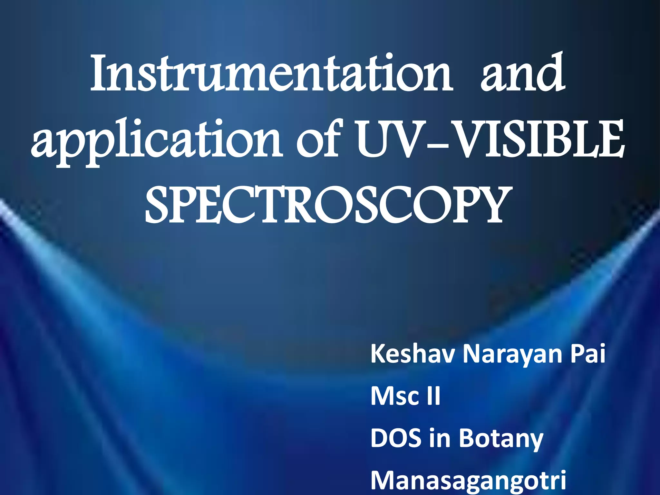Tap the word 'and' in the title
[522, 73]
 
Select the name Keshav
[413, 354]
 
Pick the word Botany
[501, 440]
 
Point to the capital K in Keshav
[378, 354]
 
